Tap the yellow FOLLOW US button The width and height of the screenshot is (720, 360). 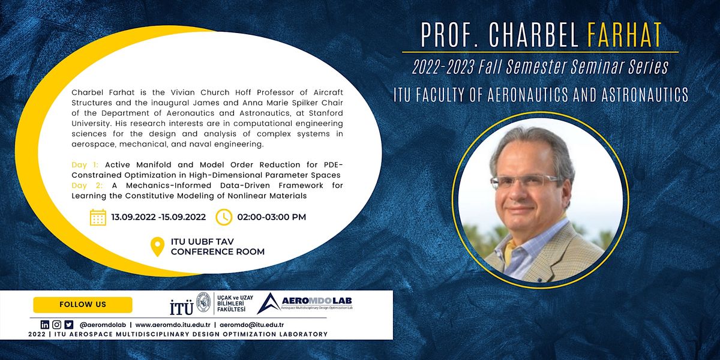pos(83,304)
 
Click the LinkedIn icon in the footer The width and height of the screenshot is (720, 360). pos(45,325)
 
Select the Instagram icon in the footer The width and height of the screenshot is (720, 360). pos(56,325)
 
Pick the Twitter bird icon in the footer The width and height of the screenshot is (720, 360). pos(68,325)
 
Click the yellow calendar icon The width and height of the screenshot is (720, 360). pos(98,217)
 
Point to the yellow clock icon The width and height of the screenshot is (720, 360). pos(224,217)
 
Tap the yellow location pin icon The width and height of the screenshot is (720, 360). pos(157,247)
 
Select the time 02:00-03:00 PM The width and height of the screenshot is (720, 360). pos(271,217)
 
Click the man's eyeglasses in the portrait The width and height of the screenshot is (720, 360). pos(525,181)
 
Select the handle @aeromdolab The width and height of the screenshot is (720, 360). pos(99,325)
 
